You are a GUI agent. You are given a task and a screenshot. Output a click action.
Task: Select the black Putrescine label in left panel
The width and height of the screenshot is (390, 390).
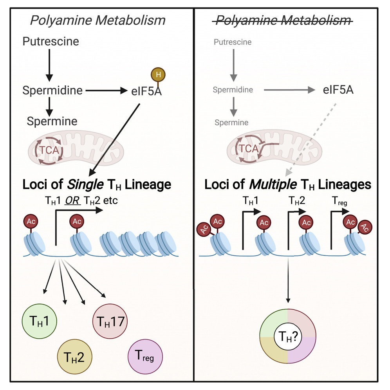click(51, 41)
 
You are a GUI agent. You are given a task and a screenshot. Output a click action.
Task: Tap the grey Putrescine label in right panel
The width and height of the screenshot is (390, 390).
click(233, 42)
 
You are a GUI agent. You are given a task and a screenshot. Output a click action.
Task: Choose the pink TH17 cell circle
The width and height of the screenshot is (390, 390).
click(109, 321)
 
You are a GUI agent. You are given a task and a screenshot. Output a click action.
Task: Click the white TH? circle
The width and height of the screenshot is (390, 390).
click(288, 336)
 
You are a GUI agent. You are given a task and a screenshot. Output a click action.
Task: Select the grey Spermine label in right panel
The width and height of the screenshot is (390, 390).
click(231, 123)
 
